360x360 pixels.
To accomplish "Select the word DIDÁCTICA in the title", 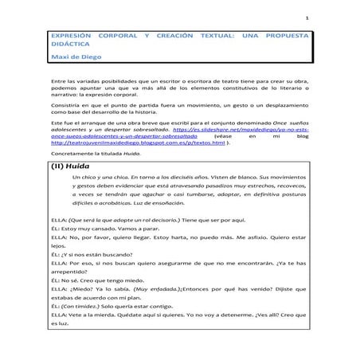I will point(68,47).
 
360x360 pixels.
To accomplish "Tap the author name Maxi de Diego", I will point(74,58).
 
